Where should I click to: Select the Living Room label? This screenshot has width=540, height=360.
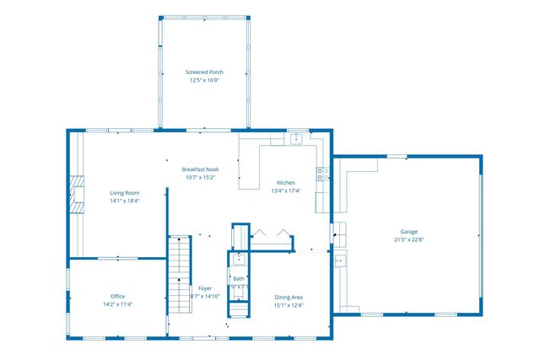point(124,192)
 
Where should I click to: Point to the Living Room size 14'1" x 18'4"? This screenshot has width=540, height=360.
point(124,201)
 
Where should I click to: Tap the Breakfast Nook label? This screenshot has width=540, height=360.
point(200,169)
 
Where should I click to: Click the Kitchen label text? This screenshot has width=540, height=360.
point(286,182)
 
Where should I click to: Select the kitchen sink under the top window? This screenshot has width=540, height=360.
point(296,138)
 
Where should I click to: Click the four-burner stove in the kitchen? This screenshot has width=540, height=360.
point(322,175)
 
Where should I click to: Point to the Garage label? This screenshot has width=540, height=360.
point(409,231)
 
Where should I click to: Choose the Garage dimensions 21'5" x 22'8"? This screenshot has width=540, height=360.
point(409,240)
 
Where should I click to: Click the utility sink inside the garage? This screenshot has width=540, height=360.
point(338,261)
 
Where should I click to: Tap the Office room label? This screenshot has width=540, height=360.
point(117,296)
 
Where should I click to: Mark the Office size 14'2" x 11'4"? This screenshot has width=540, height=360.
point(117,305)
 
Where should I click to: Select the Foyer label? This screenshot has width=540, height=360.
point(205,287)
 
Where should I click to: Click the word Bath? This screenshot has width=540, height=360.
point(239,278)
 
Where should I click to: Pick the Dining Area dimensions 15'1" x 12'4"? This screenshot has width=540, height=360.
point(289,305)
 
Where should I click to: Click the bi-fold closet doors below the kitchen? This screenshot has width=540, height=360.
point(270,234)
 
